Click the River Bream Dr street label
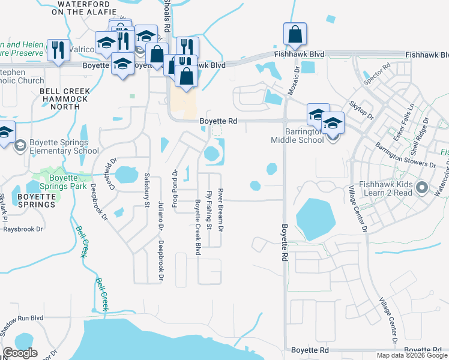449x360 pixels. (x=221, y=210)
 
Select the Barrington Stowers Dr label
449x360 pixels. (x=405, y=155)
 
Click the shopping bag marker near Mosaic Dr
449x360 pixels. (x=295, y=35)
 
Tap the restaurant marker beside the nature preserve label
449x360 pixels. (x=58, y=50)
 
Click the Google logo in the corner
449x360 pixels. (x=19, y=353)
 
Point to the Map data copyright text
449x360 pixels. (x=412, y=355)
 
